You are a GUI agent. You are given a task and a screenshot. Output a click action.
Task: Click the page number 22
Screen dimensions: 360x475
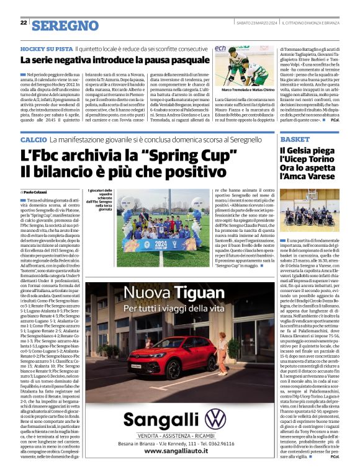pos(23,22)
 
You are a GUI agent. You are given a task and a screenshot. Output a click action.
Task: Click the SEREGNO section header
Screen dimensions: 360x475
pos(65,25)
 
